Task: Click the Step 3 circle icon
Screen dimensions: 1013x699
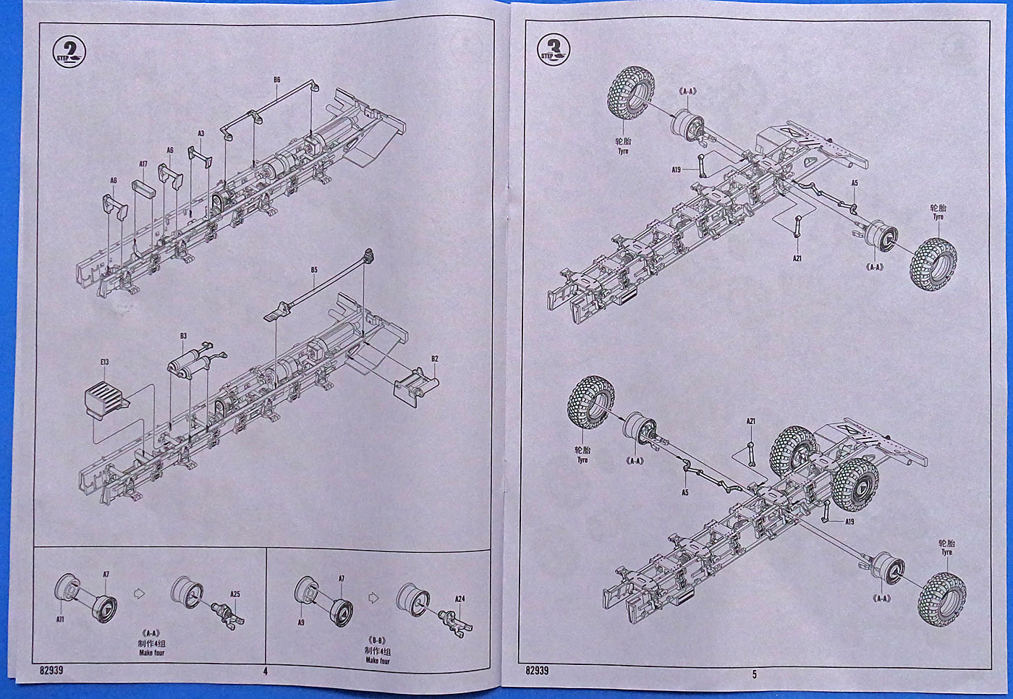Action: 554,50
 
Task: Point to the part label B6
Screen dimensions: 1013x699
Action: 276,80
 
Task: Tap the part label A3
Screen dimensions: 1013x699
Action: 201,133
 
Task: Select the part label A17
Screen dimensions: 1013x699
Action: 143,164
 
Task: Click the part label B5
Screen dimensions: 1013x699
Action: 314,271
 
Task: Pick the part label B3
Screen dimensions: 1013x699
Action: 183,336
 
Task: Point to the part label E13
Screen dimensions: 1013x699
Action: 105,363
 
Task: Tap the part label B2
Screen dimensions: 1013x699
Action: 435,359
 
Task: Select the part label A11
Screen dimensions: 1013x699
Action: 61,619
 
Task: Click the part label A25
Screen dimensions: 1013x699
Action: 235,594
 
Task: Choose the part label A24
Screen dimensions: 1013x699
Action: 460,598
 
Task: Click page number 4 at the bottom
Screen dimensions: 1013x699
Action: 266,671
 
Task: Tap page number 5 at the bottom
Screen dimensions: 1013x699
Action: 754,674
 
